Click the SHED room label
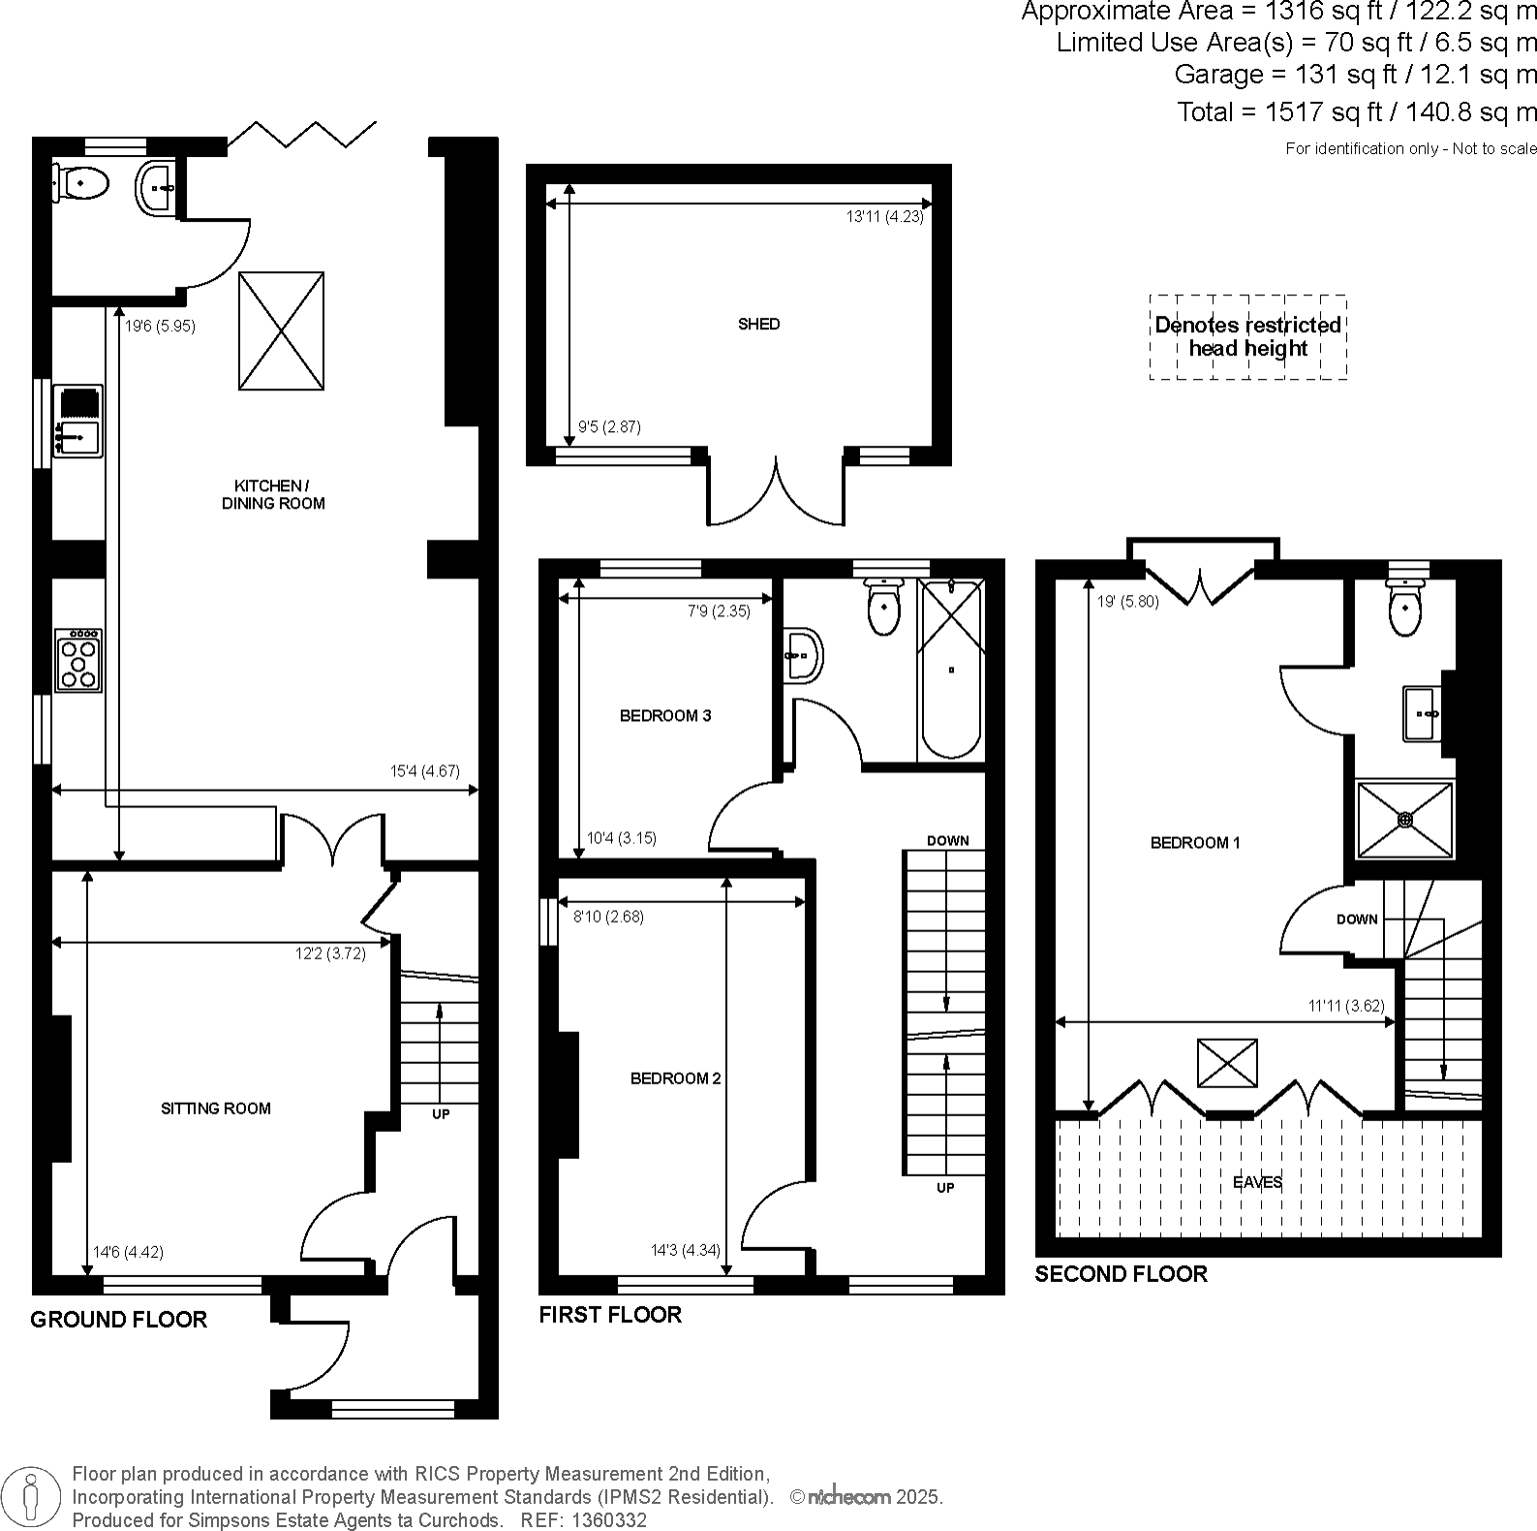tap(758, 325)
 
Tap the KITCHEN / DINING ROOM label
tap(273, 494)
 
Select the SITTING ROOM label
tap(215, 1109)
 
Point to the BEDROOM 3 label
tap(665, 716)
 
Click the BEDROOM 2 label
tap(675, 1078)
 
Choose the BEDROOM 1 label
tap(1195, 843)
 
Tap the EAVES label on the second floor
tap(1258, 1182)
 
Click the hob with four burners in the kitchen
tap(78, 660)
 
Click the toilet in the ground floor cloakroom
tap(81, 181)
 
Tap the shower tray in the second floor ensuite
tap(1404, 820)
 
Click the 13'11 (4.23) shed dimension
tap(885, 217)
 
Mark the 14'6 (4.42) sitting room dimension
tap(128, 1252)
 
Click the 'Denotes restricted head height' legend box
tap(1247, 337)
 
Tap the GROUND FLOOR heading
tap(118, 1320)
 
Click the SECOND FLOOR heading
tap(1121, 1274)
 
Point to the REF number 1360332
tap(610, 1520)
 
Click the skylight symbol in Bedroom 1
tap(1227, 1063)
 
